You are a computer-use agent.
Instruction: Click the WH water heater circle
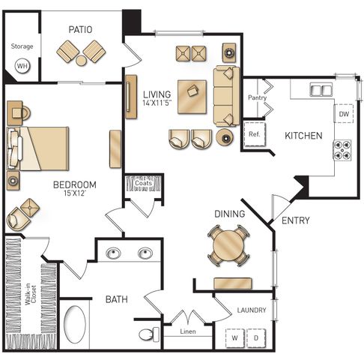click(x=22, y=66)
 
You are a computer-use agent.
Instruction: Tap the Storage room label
click(x=22, y=46)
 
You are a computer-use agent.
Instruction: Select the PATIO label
click(x=80, y=29)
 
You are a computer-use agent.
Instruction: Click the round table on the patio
click(x=81, y=61)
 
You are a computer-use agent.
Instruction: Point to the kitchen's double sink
click(x=321, y=89)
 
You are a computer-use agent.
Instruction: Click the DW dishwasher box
click(x=344, y=114)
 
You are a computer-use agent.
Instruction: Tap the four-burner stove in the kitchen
click(x=342, y=150)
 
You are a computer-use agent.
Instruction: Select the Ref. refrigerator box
click(x=254, y=134)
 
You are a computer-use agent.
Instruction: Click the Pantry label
click(x=257, y=97)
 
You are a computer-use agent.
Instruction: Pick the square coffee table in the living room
click(x=192, y=97)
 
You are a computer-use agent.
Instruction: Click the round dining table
click(x=228, y=245)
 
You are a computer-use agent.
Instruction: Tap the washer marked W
click(x=234, y=338)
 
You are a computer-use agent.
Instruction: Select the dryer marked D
click(x=256, y=338)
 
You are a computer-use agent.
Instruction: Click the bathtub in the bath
click(x=75, y=324)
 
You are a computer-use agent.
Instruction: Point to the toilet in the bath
click(x=149, y=334)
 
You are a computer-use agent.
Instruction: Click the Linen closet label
click(x=188, y=331)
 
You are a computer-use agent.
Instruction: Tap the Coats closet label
click(x=143, y=183)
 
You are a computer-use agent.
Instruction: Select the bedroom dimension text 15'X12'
click(x=75, y=193)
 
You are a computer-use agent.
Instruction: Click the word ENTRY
click(x=296, y=220)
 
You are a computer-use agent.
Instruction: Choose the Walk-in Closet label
click(x=31, y=294)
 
